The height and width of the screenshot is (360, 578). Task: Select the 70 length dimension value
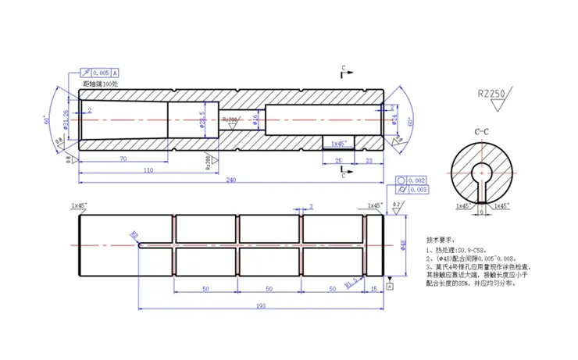pos(123,159)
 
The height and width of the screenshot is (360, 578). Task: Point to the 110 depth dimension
pos(148,169)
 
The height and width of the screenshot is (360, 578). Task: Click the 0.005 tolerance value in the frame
pos(99,72)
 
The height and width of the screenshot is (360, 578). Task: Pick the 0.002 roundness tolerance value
pos(417,180)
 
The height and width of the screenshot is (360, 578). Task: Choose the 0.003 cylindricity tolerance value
pos(417,189)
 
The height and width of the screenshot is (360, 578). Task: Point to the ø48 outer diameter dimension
pos(403,244)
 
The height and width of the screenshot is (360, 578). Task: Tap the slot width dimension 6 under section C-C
pos(481,211)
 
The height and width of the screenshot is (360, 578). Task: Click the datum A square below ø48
pos(390,286)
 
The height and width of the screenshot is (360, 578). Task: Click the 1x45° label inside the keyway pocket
pos(338,143)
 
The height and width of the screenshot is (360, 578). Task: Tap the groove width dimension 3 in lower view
pos(310,206)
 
